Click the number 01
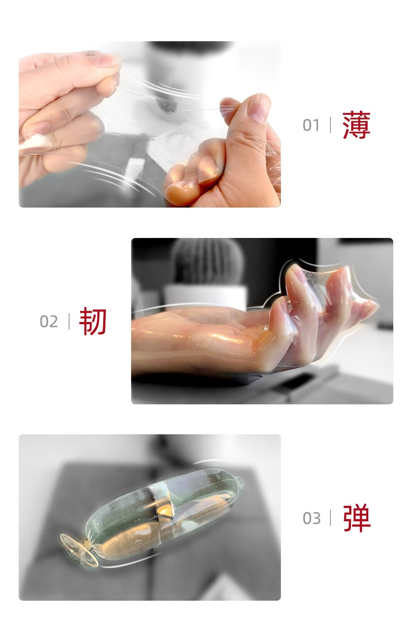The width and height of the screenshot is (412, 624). [311, 125]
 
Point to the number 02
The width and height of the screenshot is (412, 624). [49, 322]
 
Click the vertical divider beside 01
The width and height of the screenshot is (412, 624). [330, 125]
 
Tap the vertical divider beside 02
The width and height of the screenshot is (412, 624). [69, 321]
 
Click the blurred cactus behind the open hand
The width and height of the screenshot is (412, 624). [206, 262]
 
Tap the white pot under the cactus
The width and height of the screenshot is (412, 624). [206, 297]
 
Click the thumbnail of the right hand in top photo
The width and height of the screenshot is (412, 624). [259, 107]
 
